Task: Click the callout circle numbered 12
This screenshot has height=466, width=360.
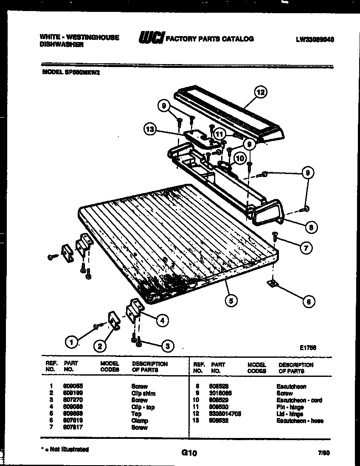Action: coord(261,92)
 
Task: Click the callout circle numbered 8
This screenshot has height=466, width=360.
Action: coord(311,227)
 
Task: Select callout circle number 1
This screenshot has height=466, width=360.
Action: coord(73,341)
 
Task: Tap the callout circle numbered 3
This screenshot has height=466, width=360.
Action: coord(168,346)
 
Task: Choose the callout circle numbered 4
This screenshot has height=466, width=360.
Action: coord(162,320)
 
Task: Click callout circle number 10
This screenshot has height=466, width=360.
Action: coord(240,158)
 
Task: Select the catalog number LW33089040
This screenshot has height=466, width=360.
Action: coord(315,39)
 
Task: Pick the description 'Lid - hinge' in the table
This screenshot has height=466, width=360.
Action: coord(291,414)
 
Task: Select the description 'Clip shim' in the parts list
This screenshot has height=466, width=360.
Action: coord(143,393)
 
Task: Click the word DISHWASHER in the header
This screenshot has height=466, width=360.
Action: coord(62,44)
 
